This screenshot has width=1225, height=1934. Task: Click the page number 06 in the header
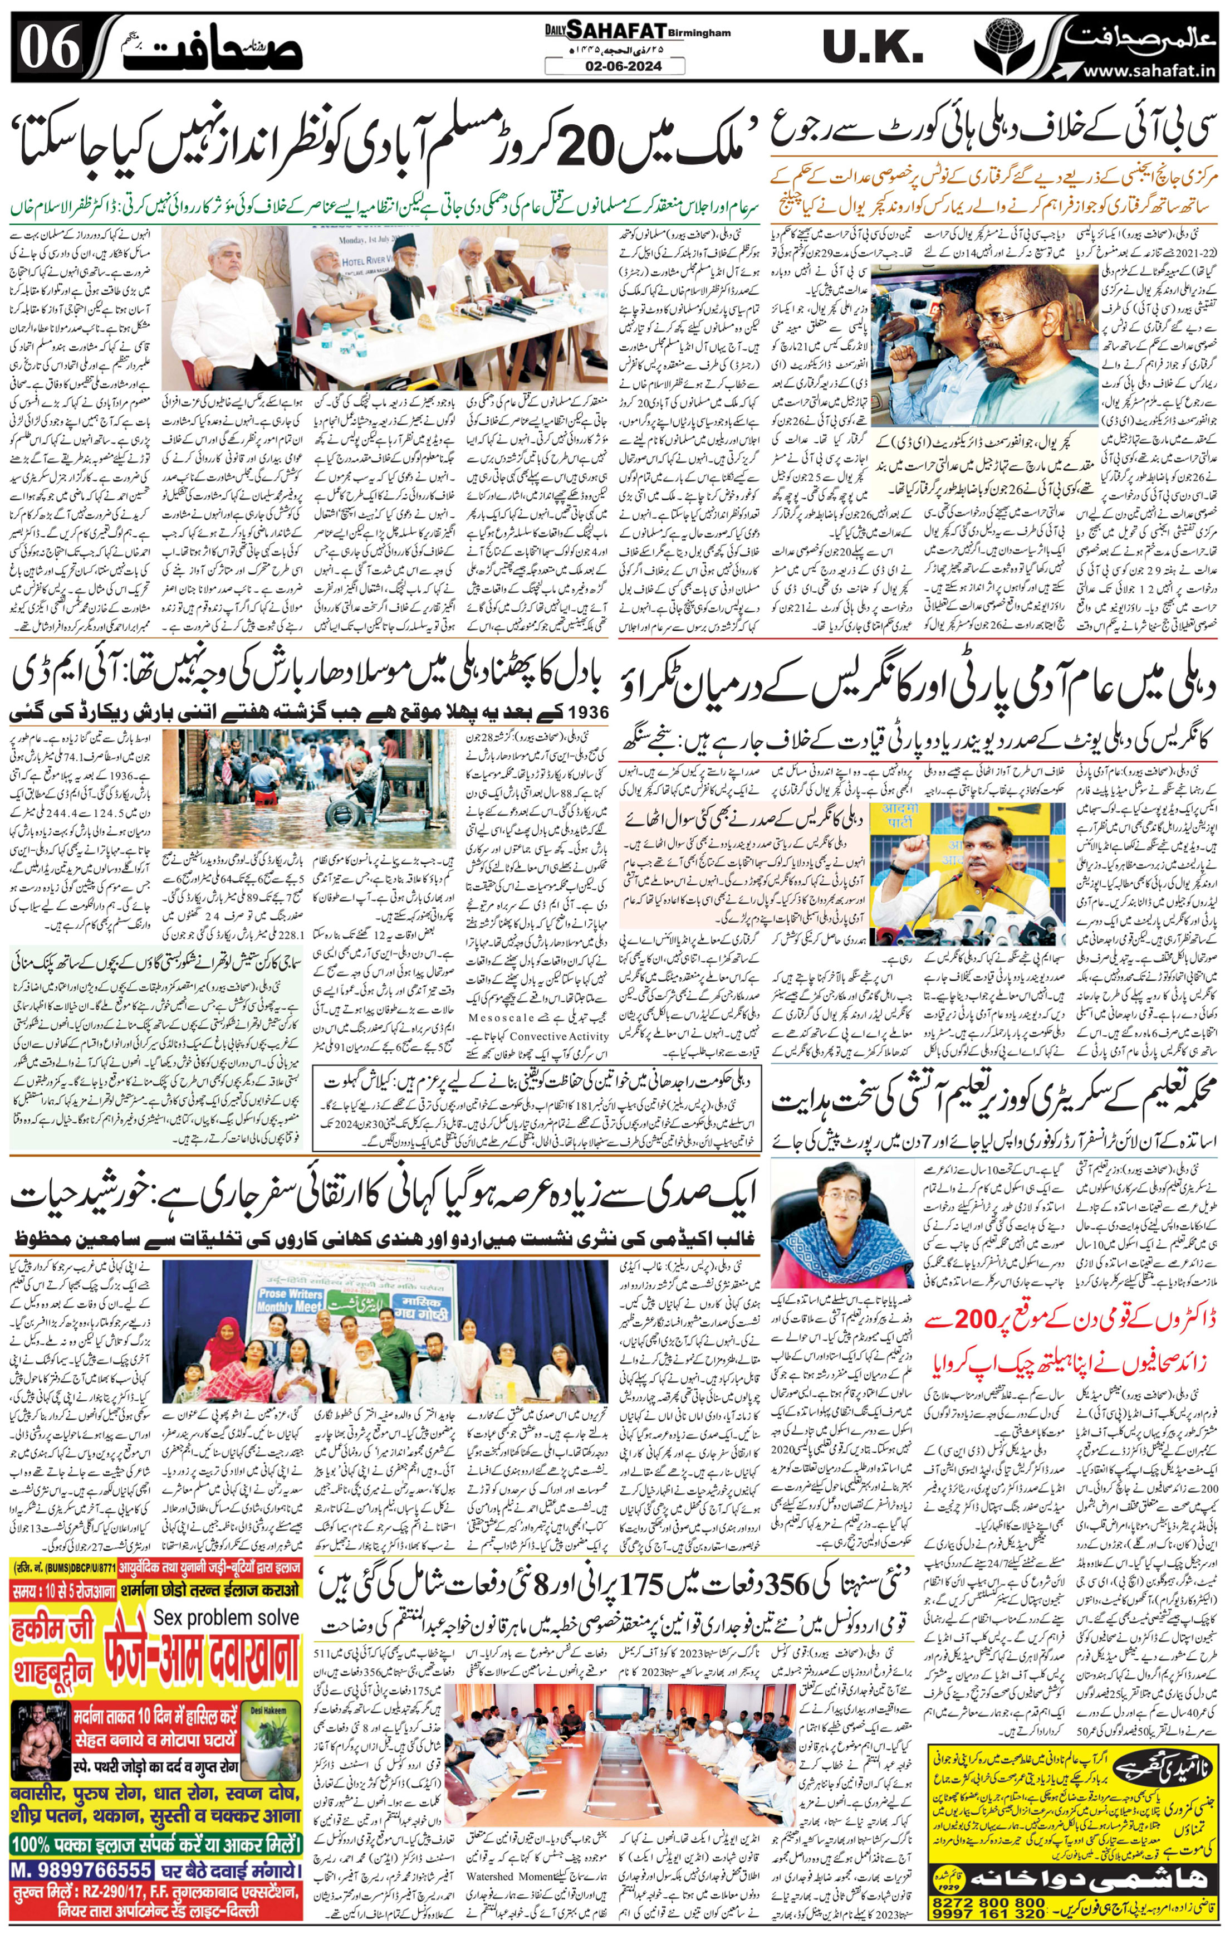50,47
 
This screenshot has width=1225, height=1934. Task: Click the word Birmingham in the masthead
699,33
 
